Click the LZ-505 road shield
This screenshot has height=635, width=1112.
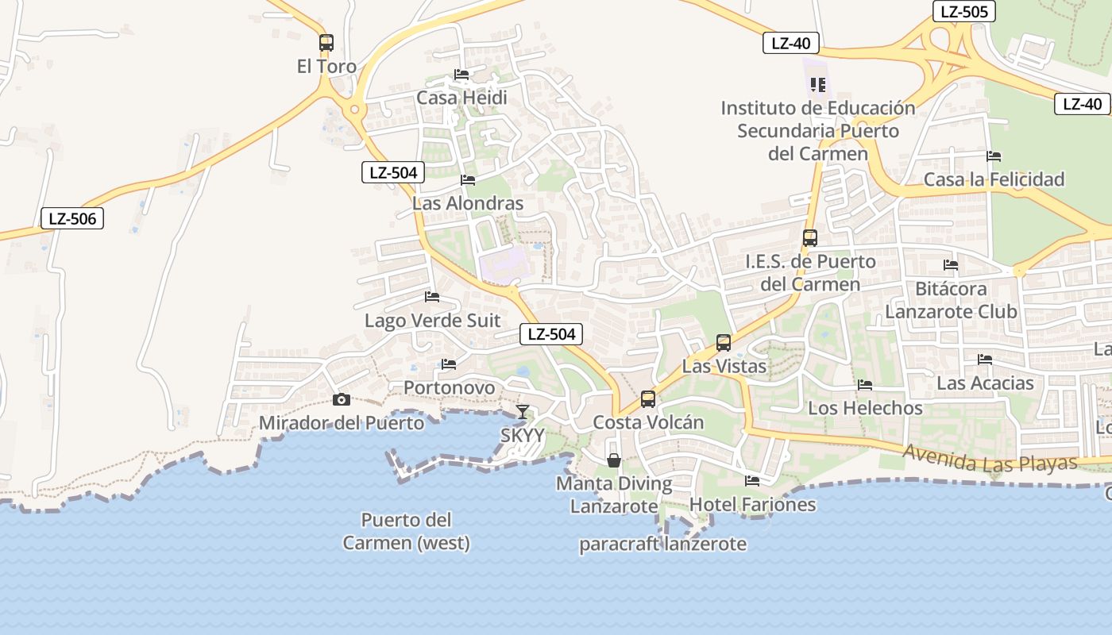963,11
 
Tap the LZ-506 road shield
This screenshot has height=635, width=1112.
72,218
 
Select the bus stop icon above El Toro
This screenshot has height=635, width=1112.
326,43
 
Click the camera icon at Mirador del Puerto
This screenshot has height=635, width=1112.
342,399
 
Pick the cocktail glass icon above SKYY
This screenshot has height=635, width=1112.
522,411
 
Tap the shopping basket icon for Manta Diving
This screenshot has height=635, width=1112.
614,460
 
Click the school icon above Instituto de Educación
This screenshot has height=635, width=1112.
818,83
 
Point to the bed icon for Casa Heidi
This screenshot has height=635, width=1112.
461,75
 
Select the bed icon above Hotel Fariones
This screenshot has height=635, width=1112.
752,480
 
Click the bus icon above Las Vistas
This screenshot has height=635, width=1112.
724,343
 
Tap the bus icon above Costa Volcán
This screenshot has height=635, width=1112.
648,398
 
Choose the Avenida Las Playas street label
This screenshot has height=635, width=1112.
989,459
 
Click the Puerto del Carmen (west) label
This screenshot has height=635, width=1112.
406,532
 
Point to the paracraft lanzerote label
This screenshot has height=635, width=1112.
662,544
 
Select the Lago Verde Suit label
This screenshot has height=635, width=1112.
432,321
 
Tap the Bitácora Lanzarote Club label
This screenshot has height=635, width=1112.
951,300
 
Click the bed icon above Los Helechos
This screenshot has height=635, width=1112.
865,385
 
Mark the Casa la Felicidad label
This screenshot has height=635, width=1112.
994,179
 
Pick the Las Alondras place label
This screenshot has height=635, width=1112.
468,203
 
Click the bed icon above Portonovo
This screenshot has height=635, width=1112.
449,364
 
